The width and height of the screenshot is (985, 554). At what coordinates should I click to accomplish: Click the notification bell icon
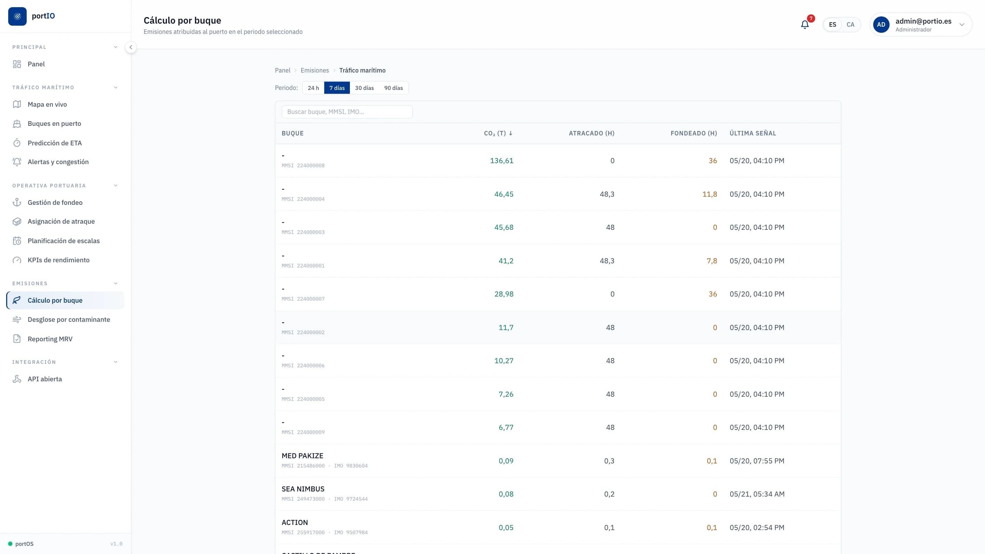tap(804, 25)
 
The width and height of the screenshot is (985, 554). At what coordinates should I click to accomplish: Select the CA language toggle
tap(850, 25)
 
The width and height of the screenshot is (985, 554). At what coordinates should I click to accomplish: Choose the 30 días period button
tap(364, 88)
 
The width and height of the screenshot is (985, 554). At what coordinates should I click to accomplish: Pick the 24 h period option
tap(313, 88)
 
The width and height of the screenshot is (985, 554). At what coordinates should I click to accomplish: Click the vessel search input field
tap(347, 111)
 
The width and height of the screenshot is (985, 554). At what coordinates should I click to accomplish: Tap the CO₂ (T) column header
tap(498, 133)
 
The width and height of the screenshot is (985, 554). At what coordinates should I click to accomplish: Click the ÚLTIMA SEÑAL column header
tap(752, 133)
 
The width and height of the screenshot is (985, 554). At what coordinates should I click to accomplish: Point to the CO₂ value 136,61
tap(502, 161)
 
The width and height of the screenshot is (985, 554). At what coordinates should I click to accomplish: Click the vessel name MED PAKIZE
tap(302, 456)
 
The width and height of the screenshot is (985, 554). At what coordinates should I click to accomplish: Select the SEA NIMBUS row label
tap(303, 489)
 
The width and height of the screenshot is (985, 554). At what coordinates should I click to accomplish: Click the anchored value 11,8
tap(709, 194)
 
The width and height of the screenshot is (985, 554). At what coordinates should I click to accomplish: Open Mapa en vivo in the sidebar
tap(47, 104)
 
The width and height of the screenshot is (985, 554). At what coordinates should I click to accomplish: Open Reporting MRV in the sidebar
tap(50, 339)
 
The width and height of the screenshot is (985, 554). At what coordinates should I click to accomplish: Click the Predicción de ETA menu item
tap(54, 143)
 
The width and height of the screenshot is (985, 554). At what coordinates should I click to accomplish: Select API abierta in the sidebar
tap(44, 379)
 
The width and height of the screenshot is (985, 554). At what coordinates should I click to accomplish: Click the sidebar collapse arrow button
tap(131, 48)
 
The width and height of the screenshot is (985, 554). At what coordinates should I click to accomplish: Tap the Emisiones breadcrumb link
tap(314, 70)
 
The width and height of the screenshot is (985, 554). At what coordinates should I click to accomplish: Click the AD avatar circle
tap(881, 25)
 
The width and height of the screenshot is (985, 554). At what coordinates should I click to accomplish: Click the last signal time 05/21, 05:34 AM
tap(757, 494)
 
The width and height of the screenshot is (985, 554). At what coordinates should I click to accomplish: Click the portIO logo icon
tap(17, 16)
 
